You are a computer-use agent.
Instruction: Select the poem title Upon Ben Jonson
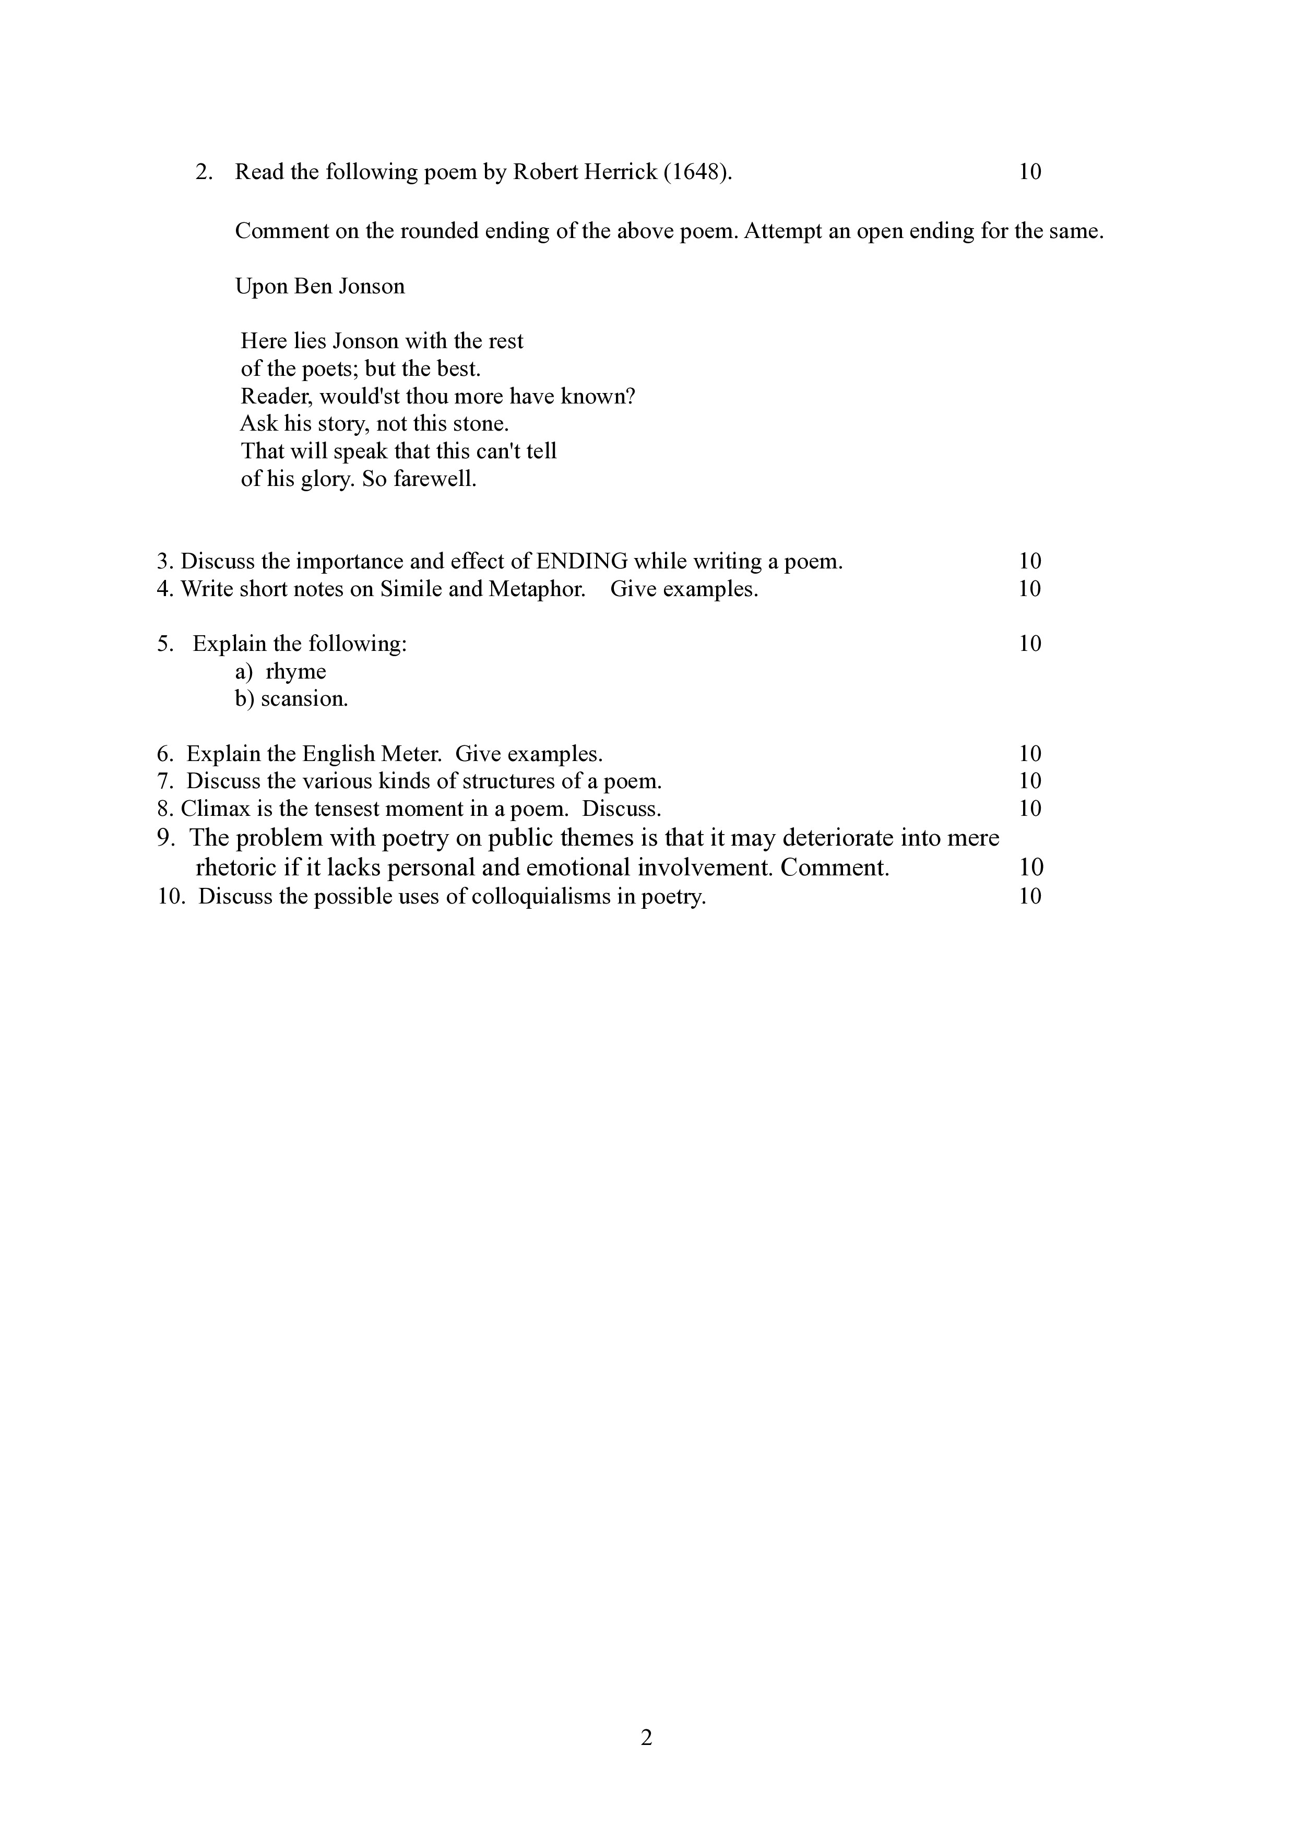pos(319,286)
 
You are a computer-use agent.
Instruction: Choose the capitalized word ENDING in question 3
pos(581,562)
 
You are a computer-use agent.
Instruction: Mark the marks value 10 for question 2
pos(1029,172)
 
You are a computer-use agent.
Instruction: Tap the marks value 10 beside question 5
pos(1029,644)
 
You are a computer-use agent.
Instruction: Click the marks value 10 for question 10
pos(1029,897)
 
